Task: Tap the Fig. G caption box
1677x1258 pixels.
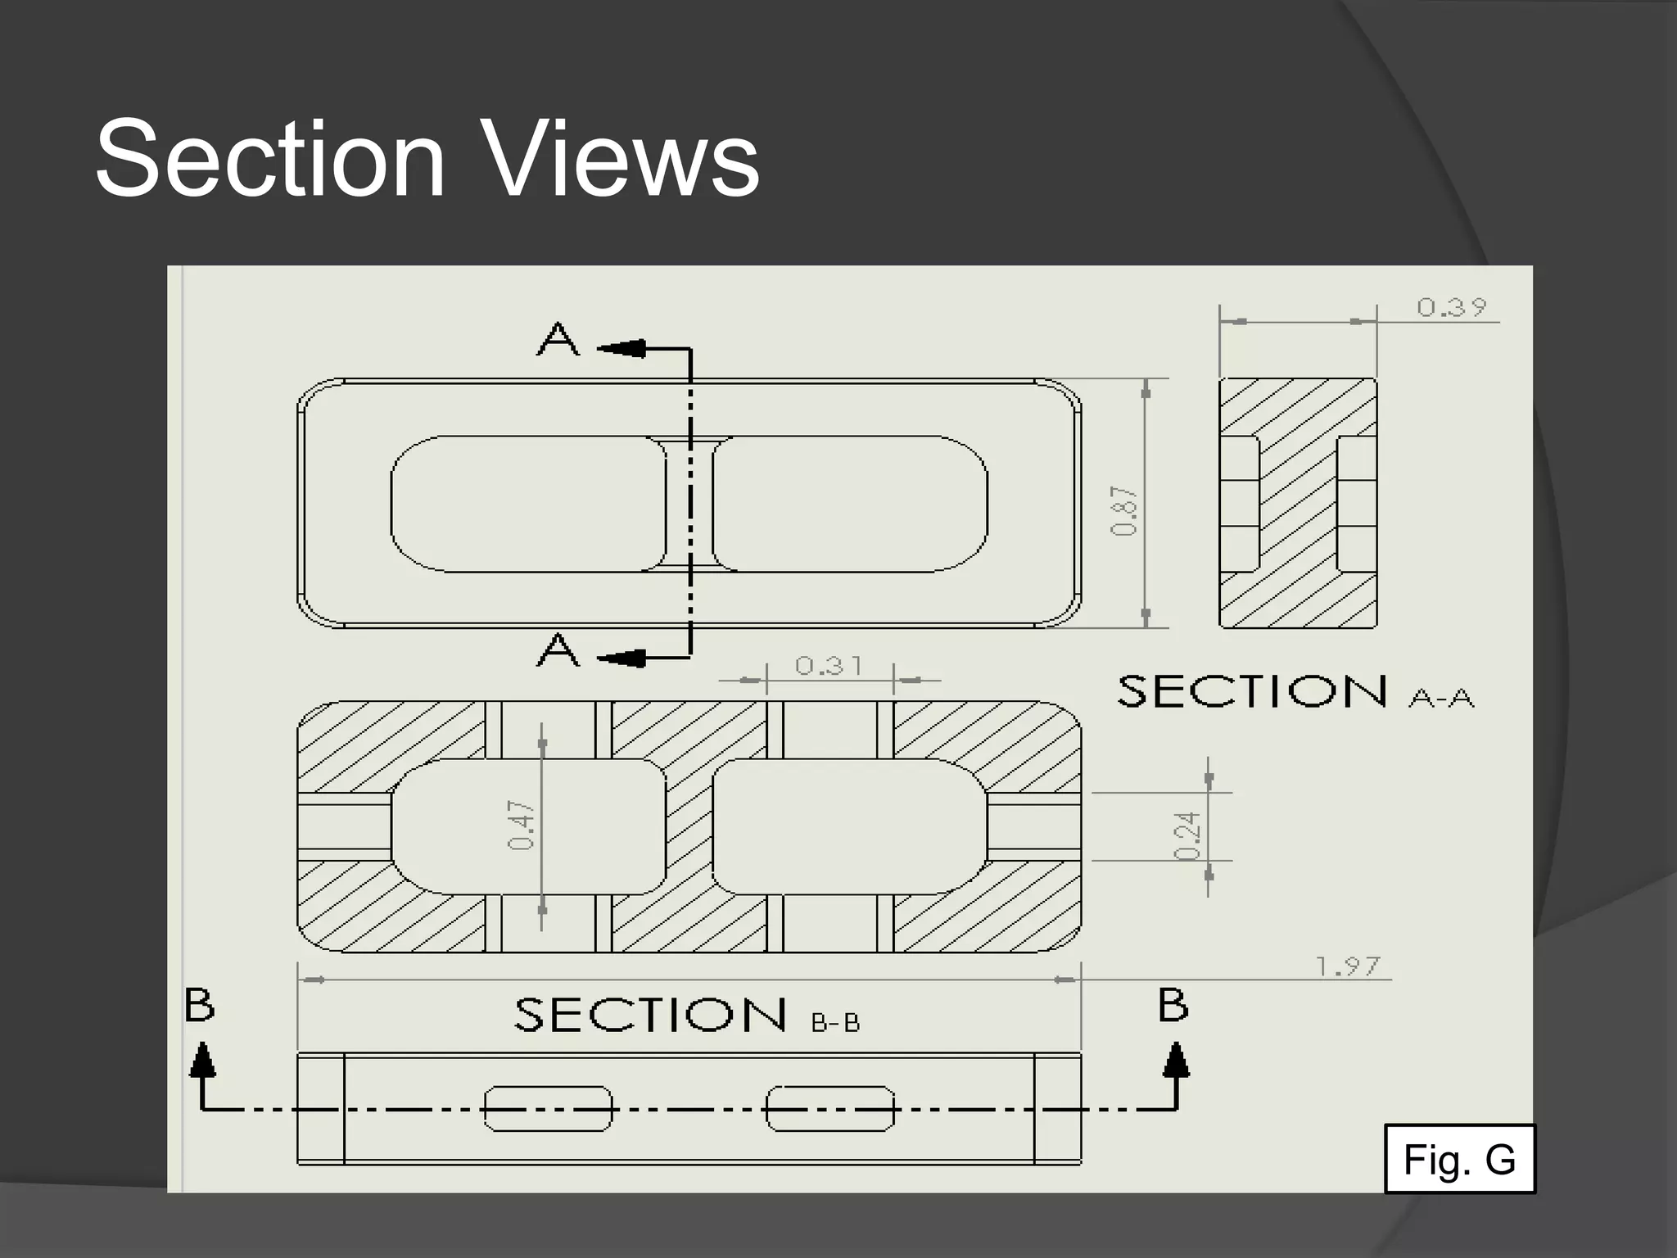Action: pos(1459,1159)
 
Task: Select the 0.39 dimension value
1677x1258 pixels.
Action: pos(1452,307)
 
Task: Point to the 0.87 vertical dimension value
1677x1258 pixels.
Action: pos(1125,511)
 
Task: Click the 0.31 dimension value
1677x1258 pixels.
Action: pos(829,665)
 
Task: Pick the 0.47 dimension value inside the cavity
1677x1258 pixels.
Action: pos(522,825)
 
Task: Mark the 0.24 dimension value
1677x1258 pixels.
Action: pos(1188,835)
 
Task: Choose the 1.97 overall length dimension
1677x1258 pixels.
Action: pos(1348,966)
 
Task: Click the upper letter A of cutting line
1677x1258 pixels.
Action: pos(558,338)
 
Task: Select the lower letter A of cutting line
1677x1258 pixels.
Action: pos(558,650)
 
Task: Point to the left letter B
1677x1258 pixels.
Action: pos(199,1005)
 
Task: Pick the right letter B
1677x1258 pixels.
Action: pos(1173,1005)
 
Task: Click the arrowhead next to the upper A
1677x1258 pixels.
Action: pos(623,348)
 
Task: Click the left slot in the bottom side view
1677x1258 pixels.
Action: pos(547,1109)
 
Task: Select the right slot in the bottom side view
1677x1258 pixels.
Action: pos(829,1109)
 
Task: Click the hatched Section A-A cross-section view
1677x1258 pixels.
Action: pos(1298,503)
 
